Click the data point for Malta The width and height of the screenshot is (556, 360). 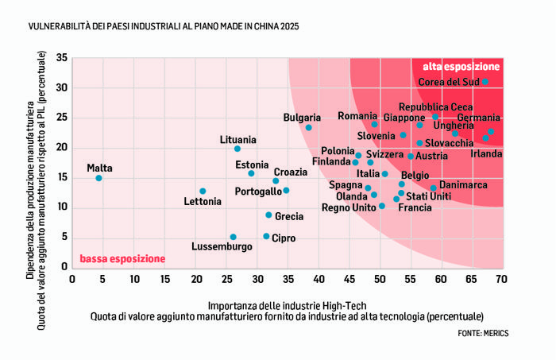pyautogui.click(x=98, y=178)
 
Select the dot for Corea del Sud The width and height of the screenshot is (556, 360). pyautogui.click(x=485, y=82)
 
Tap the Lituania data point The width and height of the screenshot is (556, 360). pyautogui.click(x=237, y=149)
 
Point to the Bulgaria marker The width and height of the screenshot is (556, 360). pyautogui.click(x=308, y=127)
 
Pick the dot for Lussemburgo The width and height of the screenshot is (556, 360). pyautogui.click(x=233, y=237)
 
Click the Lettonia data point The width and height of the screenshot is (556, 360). pyautogui.click(x=203, y=191)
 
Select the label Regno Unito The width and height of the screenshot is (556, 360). pyautogui.click(x=349, y=207)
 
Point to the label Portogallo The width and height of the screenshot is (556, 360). pyautogui.click(x=258, y=192)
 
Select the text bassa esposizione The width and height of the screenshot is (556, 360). pyautogui.click(x=122, y=259)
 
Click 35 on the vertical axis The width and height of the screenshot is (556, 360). pyautogui.click(x=61, y=58)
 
